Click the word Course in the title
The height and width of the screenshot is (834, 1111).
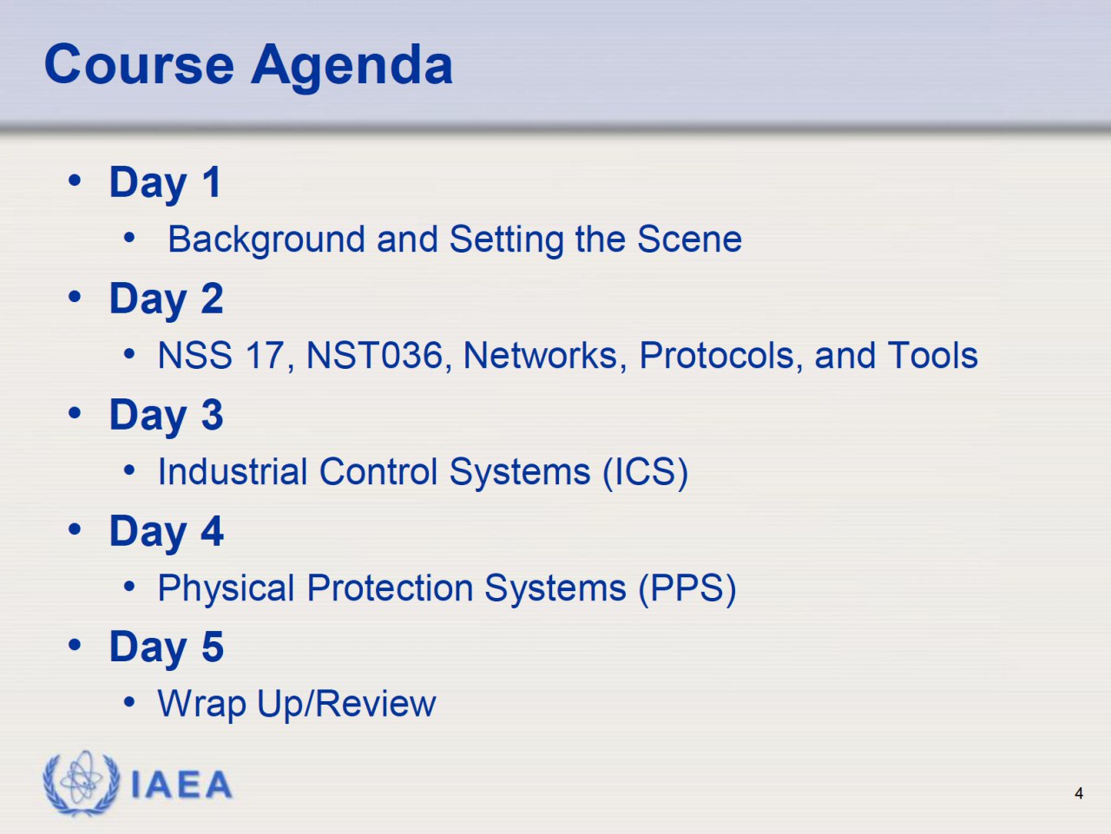[x=139, y=64]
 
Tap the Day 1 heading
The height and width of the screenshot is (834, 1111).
[x=165, y=184]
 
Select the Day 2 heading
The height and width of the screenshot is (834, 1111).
[x=166, y=300]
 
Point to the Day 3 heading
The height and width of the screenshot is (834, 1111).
[x=166, y=416]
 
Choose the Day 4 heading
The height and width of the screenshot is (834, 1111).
[x=167, y=532]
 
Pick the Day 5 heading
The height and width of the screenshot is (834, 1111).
[x=166, y=648]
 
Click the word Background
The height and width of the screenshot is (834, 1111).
[x=266, y=240]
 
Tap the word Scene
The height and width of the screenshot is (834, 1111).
[x=689, y=239]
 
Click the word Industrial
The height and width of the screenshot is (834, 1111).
[x=233, y=471]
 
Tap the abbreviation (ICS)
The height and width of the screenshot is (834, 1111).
[x=646, y=473]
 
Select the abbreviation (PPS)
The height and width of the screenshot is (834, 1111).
[x=687, y=589]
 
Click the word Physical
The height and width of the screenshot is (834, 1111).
[x=226, y=589]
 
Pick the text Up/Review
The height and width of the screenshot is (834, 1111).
[x=346, y=704]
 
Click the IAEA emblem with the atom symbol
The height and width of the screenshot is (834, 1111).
[x=82, y=783]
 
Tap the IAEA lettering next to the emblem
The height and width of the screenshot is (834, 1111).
[x=181, y=785]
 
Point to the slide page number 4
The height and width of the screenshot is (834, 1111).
[x=1079, y=793]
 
